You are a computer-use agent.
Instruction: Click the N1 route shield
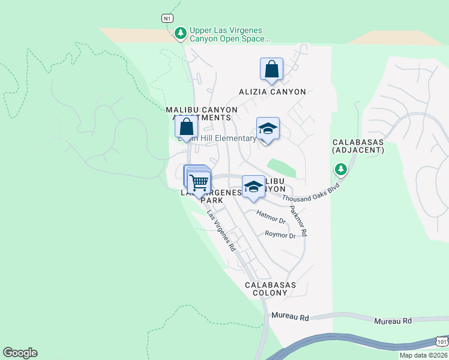click(x=167, y=18)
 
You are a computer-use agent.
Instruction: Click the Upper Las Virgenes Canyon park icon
click(x=179, y=34)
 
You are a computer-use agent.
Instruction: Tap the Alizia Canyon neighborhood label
click(x=272, y=92)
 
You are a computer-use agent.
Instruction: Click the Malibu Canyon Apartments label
click(x=202, y=114)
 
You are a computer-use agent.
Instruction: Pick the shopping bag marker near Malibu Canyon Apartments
click(x=186, y=127)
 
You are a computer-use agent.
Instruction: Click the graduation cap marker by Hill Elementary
click(x=268, y=128)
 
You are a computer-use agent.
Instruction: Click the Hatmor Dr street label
click(x=270, y=217)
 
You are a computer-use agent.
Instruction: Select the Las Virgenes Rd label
click(x=221, y=230)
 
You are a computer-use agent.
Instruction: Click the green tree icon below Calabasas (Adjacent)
click(x=341, y=170)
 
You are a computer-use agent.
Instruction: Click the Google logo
click(x=20, y=353)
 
